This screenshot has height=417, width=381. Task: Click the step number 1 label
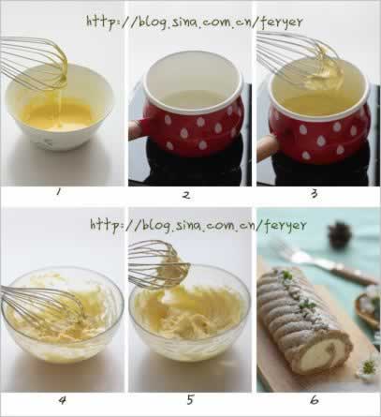click(x=57, y=193)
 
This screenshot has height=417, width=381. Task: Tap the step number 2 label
click(x=186, y=195)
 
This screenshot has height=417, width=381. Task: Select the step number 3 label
click(x=315, y=194)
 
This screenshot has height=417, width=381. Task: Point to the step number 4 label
click(x=63, y=400)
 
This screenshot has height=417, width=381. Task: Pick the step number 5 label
click(x=190, y=399)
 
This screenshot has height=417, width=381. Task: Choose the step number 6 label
click(x=315, y=399)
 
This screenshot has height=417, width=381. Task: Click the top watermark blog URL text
click(x=195, y=22)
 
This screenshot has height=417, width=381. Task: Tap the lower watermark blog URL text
click(x=198, y=225)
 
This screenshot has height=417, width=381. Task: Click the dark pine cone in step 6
click(x=340, y=234)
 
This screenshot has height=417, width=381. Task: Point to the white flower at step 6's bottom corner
click(x=369, y=367)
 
